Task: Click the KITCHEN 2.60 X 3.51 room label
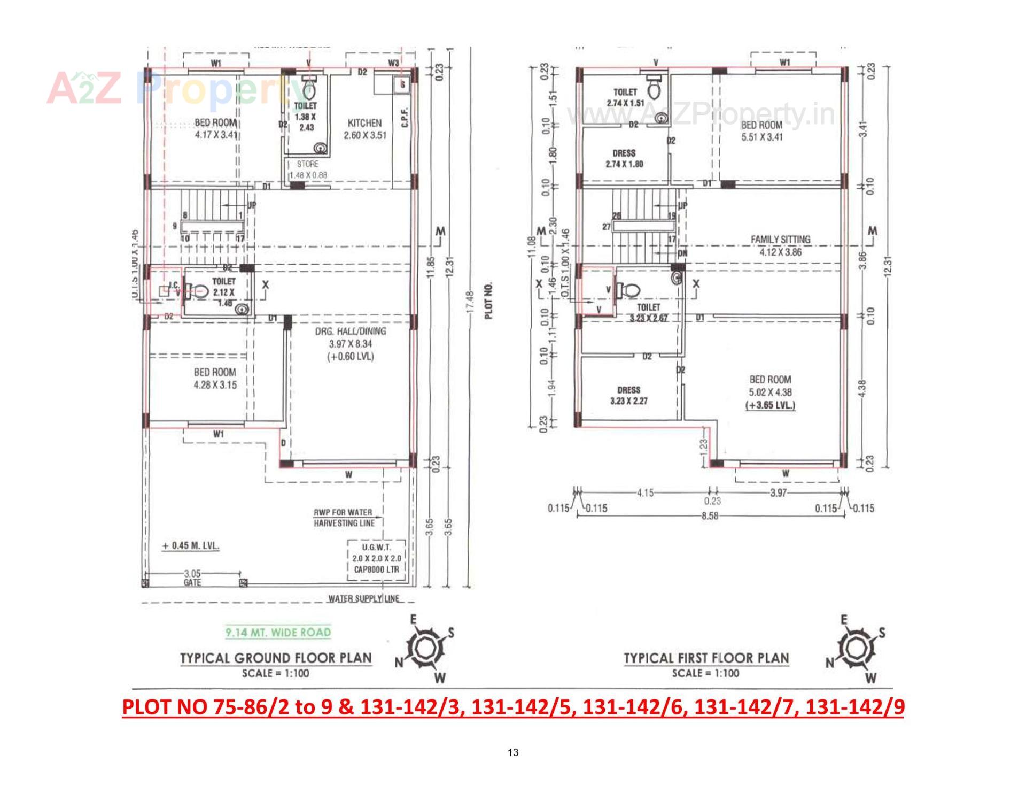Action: click(364, 129)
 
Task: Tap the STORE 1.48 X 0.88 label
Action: click(308, 170)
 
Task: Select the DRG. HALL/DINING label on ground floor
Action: click(351, 343)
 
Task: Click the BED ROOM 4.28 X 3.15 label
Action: click(215, 378)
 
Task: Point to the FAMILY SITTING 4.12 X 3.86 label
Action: click(780, 245)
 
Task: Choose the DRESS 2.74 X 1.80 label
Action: click(624, 158)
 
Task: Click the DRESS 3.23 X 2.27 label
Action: click(628, 395)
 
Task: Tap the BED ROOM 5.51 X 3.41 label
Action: click(761, 130)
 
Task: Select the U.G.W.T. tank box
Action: click(376, 558)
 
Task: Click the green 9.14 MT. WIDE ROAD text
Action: click(278, 633)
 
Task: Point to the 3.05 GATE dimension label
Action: click(192, 578)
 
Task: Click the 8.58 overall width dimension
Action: click(710, 516)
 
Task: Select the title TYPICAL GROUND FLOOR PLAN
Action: click(276, 658)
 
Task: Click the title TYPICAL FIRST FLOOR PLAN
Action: click(706, 658)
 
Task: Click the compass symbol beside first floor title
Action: click(857, 649)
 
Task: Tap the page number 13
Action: click(512, 752)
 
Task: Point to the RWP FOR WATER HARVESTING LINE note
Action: click(343, 518)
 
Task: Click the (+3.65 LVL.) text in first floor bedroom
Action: click(770, 405)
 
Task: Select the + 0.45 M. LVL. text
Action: click(191, 546)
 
